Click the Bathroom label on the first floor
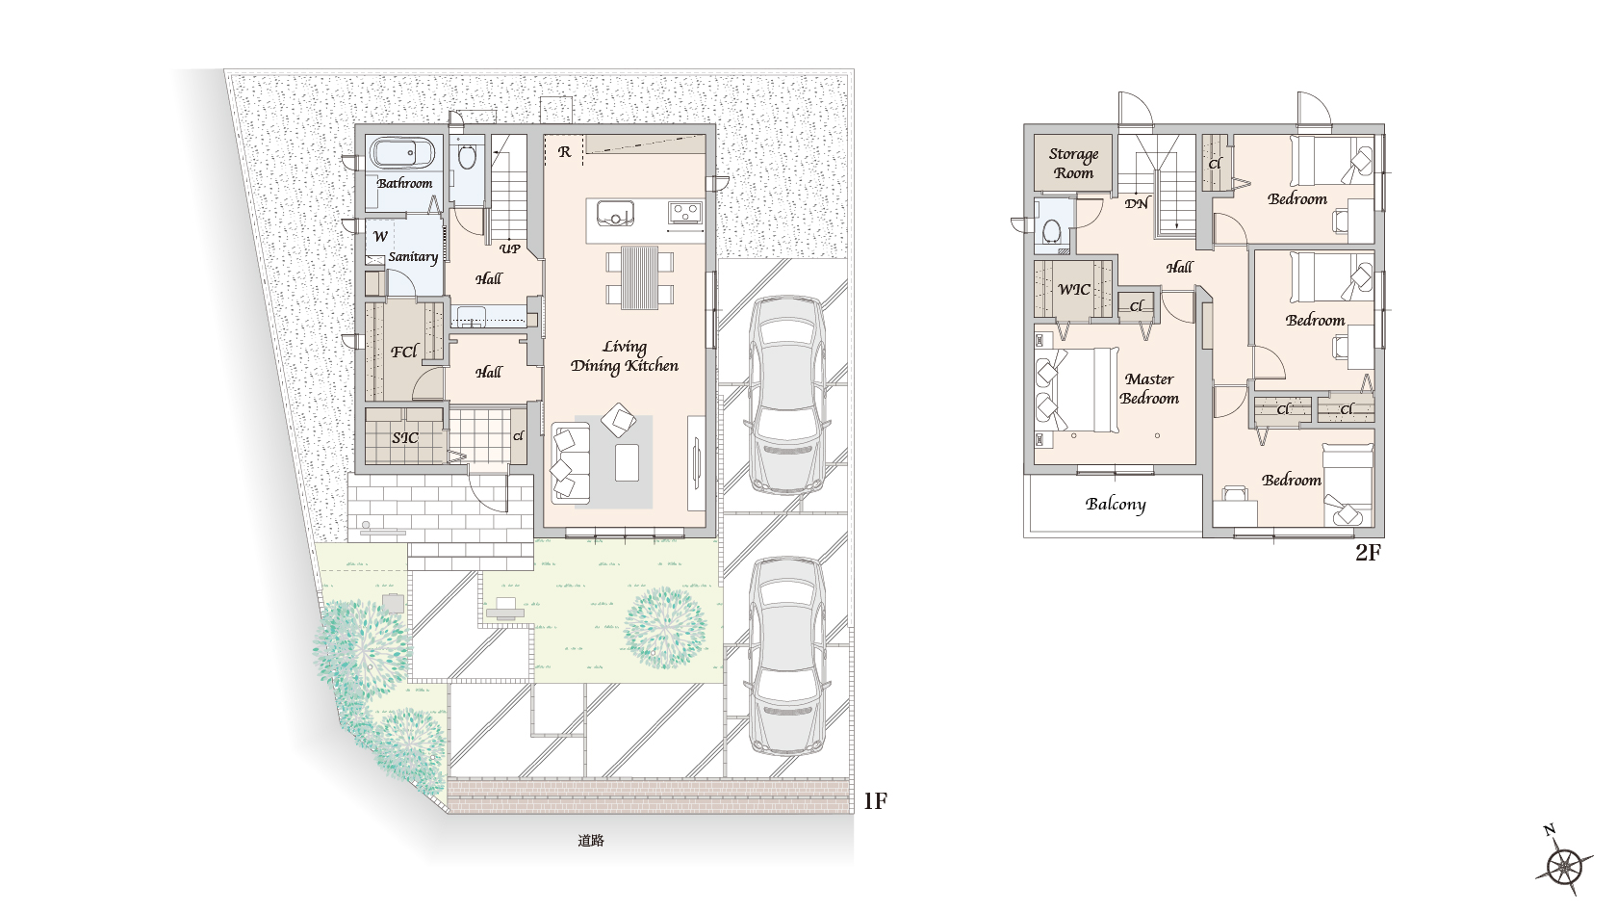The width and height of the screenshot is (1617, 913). (404, 183)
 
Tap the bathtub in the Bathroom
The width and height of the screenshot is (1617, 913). (402, 154)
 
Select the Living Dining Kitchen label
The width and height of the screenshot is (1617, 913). (625, 356)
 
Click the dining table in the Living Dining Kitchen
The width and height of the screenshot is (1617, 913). (639, 277)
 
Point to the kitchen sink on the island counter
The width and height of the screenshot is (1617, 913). (616, 214)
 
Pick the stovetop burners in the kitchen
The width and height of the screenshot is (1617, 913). (685, 212)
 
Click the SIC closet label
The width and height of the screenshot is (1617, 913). (405, 437)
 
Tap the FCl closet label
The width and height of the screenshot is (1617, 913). (405, 352)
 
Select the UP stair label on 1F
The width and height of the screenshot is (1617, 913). (510, 248)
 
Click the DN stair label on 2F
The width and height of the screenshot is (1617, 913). (1136, 204)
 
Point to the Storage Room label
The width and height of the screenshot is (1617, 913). (1073, 164)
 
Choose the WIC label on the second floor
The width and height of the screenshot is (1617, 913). (1074, 290)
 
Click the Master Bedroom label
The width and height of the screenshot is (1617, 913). (1149, 389)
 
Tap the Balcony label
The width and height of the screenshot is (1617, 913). (1116, 505)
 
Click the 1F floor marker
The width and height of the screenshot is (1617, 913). (876, 801)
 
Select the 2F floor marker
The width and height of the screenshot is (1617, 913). (1368, 553)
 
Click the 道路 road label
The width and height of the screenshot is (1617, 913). (591, 841)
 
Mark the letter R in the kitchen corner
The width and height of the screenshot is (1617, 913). (564, 152)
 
